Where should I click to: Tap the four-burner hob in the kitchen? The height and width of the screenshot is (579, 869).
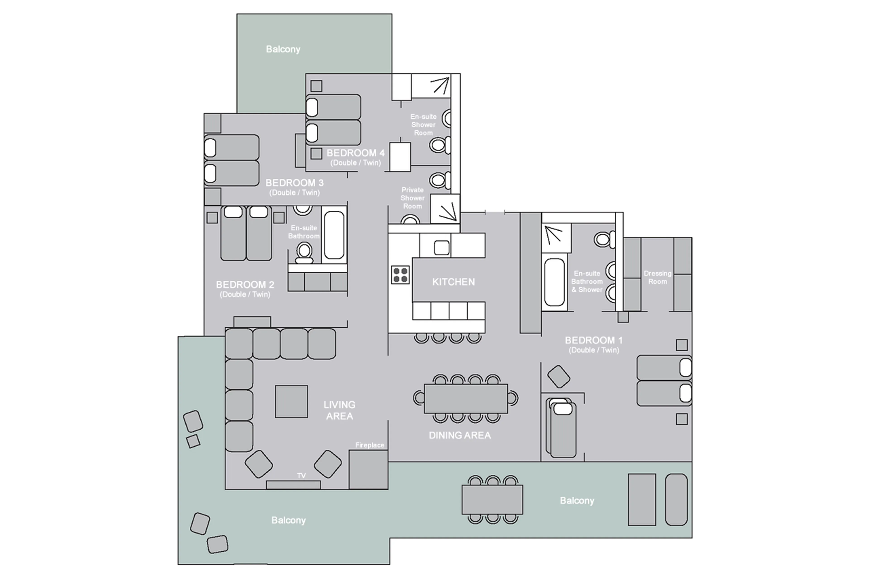point(400,275)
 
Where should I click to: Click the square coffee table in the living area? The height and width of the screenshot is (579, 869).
point(291,401)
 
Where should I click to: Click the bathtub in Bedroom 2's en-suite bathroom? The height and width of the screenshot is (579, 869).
point(334,235)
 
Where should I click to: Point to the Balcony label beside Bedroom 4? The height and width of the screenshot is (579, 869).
point(283,49)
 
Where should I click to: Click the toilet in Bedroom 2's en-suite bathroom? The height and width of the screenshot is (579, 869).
point(304,252)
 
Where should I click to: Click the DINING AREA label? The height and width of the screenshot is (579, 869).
point(459,435)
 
